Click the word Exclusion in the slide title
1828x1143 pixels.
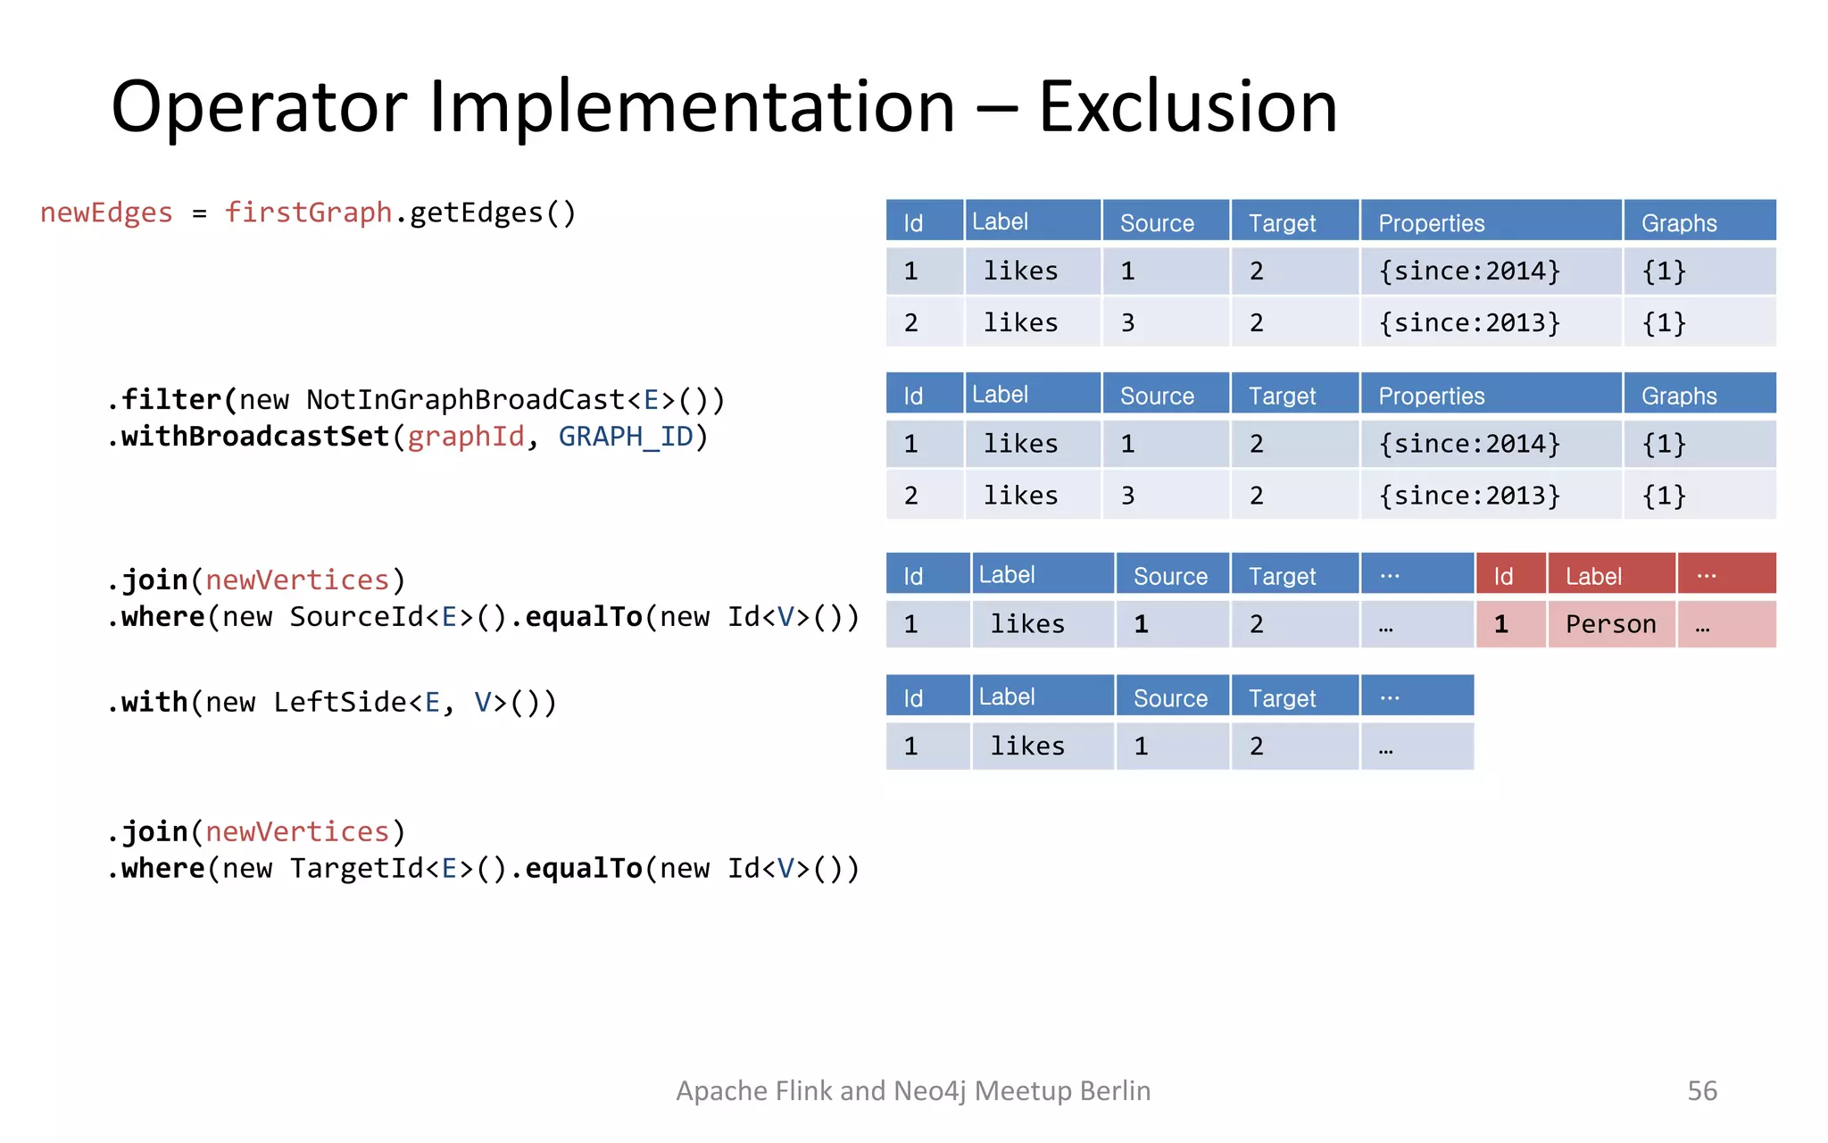click(x=1187, y=107)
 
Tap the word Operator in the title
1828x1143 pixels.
click(x=259, y=107)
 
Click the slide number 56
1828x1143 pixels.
click(x=1701, y=1090)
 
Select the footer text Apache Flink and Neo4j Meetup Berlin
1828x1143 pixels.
click(x=913, y=1090)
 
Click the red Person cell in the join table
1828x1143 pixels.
click(x=1610, y=624)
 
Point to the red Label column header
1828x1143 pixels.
click(x=1593, y=576)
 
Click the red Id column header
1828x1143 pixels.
click(x=1503, y=576)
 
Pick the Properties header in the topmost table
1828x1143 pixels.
click(x=1431, y=222)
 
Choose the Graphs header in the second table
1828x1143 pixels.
click(x=1679, y=396)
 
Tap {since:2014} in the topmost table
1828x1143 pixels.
click(x=1469, y=271)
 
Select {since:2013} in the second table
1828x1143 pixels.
click(x=1469, y=496)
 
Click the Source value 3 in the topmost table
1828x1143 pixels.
click(x=1128, y=322)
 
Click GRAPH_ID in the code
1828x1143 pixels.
click(x=626, y=437)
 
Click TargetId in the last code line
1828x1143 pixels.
click(x=357, y=869)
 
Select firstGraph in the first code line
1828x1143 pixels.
click(x=308, y=213)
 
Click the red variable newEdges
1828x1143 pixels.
click(x=106, y=213)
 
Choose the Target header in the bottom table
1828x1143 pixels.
click(x=1282, y=698)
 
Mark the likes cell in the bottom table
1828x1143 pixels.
click(x=1027, y=746)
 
